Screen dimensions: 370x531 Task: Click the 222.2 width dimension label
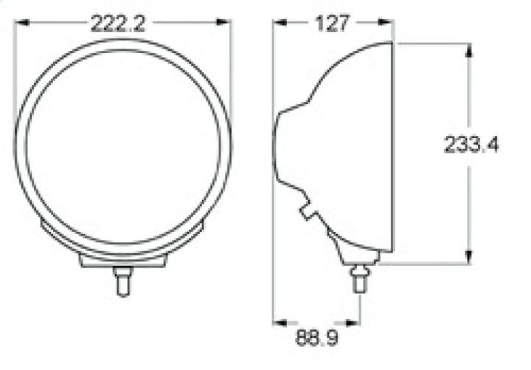[x=118, y=24]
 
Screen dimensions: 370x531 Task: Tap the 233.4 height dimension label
[x=471, y=145]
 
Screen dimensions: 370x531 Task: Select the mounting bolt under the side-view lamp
[x=359, y=279]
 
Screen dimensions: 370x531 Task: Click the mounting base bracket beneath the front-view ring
[x=122, y=259]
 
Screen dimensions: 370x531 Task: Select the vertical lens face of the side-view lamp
[x=392, y=148]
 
